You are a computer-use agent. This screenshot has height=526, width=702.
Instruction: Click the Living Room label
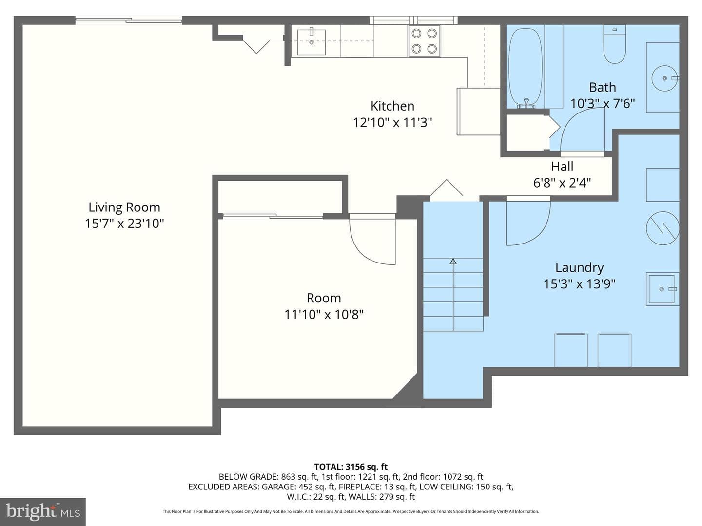pyautogui.click(x=124, y=207)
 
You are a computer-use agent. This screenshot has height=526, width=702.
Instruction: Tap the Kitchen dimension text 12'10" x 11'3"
pyautogui.click(x=392, y=122)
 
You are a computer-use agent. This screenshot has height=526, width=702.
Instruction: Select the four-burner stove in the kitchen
pyautogui.click(x=424, y=41)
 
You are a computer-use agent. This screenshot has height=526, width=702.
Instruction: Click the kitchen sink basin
pyautogui.click(x=311, y=42)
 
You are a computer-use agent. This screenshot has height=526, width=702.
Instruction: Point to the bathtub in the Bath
pyautogui.click(x=526, y=68)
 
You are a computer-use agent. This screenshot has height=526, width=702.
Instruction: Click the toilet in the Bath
pyautogui.click(x=614, y=44)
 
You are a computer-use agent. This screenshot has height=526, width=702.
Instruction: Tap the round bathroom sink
pyautogui.click(x=664, y=78)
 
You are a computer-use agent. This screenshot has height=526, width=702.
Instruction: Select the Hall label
pyautogui.click(x=562, y=167)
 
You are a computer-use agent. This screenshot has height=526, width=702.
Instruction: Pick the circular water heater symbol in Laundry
pyautogui.click(x=663, y=228)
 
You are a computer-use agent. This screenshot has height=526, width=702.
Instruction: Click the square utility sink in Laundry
pyautogui.click(x=662, y=289)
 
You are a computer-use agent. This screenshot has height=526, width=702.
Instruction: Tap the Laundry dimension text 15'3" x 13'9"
pyautogui.click(x=579, y=283)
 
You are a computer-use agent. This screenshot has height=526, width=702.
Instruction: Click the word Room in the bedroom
pyautogui.click(x=324, y=298)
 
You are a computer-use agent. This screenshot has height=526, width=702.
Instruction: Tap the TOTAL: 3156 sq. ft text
pyautogui.click(x=351, y=467)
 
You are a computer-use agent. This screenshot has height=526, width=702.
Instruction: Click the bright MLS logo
pyautogui.click(x=43, y=511)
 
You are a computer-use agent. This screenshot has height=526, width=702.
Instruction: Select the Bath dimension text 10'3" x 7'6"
pyautogui.click(x=603, y=103)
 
